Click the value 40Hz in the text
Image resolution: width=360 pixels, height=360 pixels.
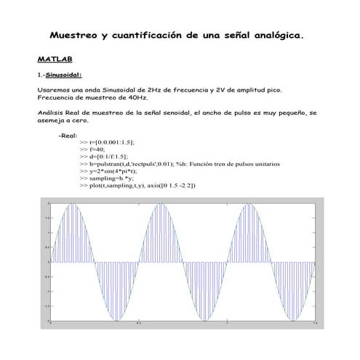coord(137,97)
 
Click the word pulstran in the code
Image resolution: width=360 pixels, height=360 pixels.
coord(113,164)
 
